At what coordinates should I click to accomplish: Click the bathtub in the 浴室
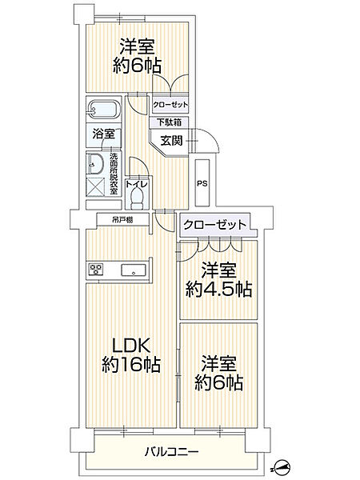[x=103, y=110]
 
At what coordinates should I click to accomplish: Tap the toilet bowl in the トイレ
[x=137, y=198]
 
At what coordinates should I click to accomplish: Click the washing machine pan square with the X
[x=96, y=186]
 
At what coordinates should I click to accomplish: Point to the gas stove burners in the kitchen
[x=96, y=269]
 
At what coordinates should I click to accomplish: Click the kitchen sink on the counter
[x=133, y=270]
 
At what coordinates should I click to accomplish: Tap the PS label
[x=202, y=184]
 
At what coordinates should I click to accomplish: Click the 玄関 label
[x=172, y=141]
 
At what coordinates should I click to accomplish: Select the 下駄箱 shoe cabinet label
[x=169, y=122]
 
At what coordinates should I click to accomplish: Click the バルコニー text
[x=172, y=451]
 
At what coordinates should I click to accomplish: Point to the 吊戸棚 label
[x=122, y=220]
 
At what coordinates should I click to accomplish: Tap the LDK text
[x=131, y=346]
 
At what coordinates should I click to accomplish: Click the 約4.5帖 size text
[x=219, y=289]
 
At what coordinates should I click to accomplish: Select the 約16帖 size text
[x=131, y=364]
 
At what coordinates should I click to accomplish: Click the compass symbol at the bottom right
[x=282, y=468]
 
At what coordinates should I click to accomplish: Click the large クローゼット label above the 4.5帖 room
[x=214, y=225]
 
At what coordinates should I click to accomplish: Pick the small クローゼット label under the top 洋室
[x=170, y=105]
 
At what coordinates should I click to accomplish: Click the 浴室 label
[x=104, y=134]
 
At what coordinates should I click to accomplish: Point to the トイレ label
[x=137, y=184]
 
